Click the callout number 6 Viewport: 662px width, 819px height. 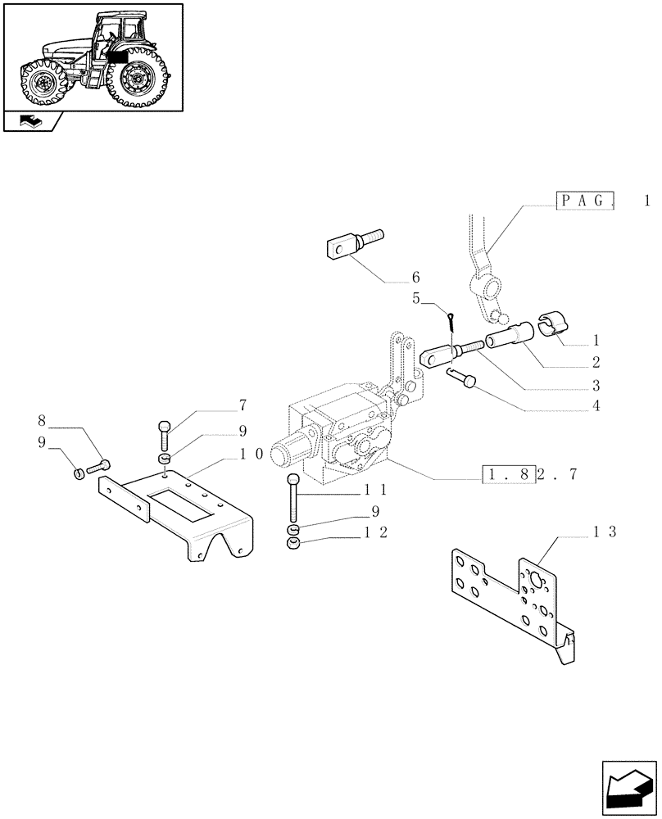click(x=415, y=277)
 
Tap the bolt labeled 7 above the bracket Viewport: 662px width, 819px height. click(x=165, y=430)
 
